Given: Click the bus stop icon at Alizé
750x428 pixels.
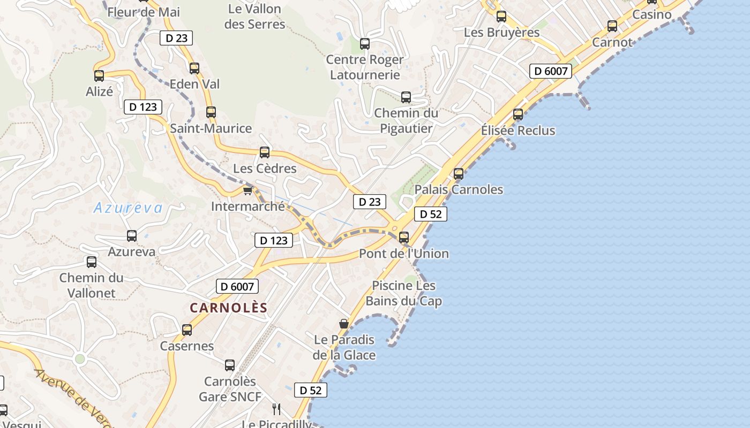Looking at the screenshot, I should pyautogui.click(x=99, y=76).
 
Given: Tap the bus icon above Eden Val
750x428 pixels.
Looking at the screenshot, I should pyautogui.click(x=194, y=68).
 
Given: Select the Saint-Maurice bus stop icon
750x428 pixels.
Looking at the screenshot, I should pyautogui.click(x=211, y=112).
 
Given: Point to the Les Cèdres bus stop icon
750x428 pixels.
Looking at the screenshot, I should pyautogui.click(x=265, y=152).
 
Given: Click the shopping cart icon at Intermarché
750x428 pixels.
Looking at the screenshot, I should pyautogui.click(x=247, y=190).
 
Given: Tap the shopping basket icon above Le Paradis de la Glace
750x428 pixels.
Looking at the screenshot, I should pyautogui.click(x=344, y=324).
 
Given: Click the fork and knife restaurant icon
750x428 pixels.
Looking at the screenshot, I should pyautogui.click(x=276, y=409).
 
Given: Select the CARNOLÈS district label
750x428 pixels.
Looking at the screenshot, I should pyautogui.click(x=228, y=308).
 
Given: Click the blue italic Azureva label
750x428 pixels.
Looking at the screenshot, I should pyautogui.click(x=127, y=208).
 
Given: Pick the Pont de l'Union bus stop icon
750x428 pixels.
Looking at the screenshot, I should pyautogui.click(x=404, y=238).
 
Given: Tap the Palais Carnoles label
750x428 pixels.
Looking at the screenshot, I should pyautogui.click(x=459, y=189).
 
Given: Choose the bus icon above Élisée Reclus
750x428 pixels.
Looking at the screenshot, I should pyautogui.click(x=518, y=114).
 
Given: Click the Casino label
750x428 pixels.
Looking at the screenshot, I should pyautogui.click(x=652, y=14).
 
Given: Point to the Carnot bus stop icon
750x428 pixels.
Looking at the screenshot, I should pyautogui.click(x=612, y=26).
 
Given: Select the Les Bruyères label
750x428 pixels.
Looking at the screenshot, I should pyautogui.click(x=502, y=32).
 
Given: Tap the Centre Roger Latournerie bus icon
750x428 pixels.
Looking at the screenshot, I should pyautogui.click(x=365, y=44).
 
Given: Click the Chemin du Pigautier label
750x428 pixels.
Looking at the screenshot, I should pyautogui.click(x=406, y=120).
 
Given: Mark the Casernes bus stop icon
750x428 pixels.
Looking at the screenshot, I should pyautogui.click(x=187, y=330).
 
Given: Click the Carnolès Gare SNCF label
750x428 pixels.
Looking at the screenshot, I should pyautogui.click(x=230, y=389).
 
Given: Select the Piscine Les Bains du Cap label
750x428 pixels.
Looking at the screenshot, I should pyautogui.click(x=404, y=293).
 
